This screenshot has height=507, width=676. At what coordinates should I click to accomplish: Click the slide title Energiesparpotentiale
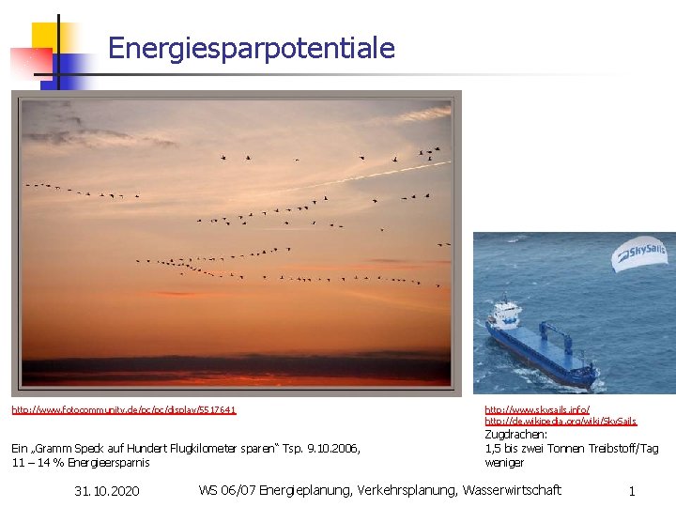(x=252, y=48)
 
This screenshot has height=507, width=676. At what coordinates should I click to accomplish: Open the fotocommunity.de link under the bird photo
(x=124, y=410)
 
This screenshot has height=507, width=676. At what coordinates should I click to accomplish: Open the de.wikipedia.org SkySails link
(x=560, y=422)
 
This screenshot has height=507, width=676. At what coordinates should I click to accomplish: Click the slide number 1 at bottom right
(x=632, y=491)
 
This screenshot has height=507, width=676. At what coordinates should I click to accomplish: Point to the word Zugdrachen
(x=515, y=435)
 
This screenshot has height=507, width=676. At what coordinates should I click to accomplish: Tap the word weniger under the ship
(x=504, y=462)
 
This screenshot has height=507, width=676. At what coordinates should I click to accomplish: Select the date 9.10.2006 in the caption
(x=326, y=448)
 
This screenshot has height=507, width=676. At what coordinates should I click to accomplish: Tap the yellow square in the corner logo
(x=44, y=38)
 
